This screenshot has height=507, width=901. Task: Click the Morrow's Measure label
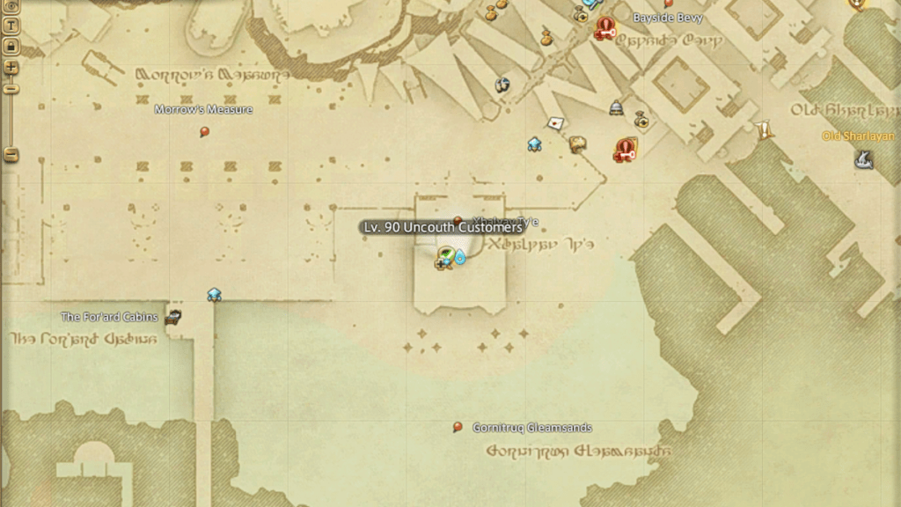pos(203,110)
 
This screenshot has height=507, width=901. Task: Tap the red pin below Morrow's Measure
pos(205,132)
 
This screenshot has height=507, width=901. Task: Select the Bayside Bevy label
pos(668,18)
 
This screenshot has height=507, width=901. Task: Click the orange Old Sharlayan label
pos(857,136)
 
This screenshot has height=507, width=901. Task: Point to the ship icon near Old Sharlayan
pos(863,159)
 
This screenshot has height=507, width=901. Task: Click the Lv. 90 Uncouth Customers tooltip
pos(443,227)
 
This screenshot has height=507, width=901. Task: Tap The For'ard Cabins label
pos(109,317)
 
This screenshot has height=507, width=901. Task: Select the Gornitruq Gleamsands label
pos(531,428)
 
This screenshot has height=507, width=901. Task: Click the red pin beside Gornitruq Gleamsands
pos(458,428)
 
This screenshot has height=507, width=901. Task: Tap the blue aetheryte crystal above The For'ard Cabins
pos(214,295)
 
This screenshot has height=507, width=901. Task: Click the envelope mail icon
pos(555,122)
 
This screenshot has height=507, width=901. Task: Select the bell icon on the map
pos(616,107)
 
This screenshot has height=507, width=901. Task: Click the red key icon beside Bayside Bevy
pos(604,29)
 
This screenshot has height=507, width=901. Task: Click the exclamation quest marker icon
pos(764,130)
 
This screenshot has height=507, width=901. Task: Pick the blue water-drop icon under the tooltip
pos(459,258)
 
